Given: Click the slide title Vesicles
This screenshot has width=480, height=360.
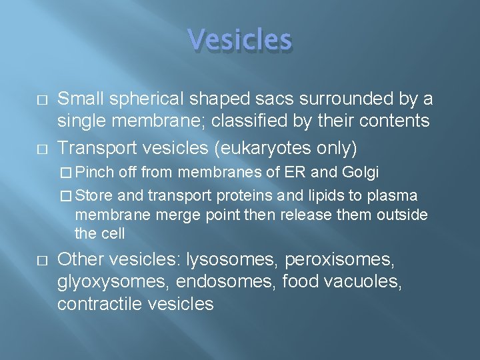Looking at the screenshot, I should [240, 40].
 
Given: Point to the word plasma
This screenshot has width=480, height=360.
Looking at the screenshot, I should [399, 195].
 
